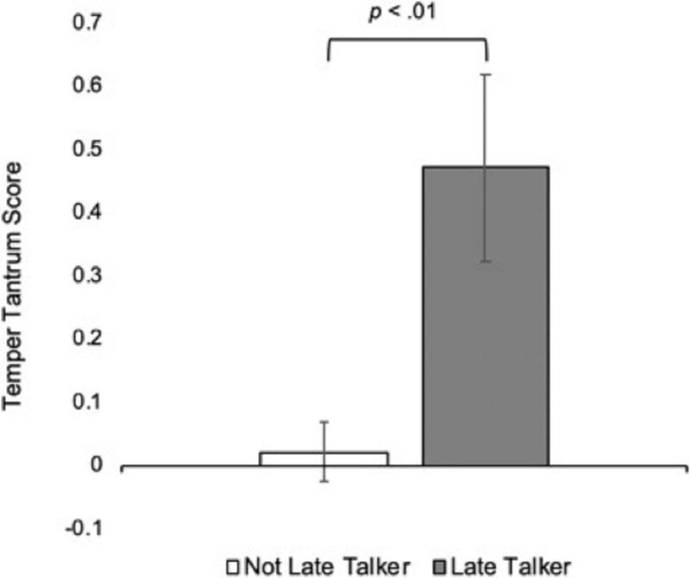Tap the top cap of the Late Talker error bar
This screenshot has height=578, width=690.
pos(486,75)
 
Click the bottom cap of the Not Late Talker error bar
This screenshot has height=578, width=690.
pos(325,481)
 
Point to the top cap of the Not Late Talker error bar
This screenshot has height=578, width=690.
pos(325,422)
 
